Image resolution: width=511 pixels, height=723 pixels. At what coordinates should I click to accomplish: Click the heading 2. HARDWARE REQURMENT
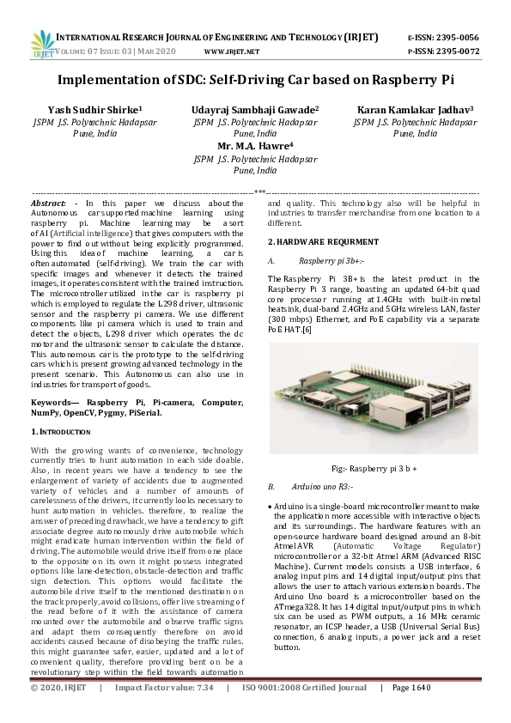tap(323, 241)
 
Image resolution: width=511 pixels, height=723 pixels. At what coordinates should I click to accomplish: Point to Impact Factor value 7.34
tap(204, 712)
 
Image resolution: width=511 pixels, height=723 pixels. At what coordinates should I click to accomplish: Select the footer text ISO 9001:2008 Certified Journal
tap(304, 712)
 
